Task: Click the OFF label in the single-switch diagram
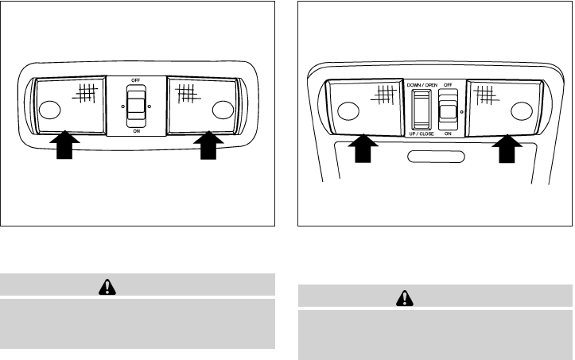(x=137, y=81)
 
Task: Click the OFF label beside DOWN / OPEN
(x=450, y=84)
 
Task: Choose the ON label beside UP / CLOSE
(x=449, y=135)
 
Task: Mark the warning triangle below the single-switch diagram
(x=137, y=285)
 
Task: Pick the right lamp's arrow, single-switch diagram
(x=208, y=146)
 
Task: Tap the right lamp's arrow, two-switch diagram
(x=507, y=150)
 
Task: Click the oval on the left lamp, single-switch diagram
(x=48, y=109)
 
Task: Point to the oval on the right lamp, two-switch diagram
(x=522, y=110)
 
